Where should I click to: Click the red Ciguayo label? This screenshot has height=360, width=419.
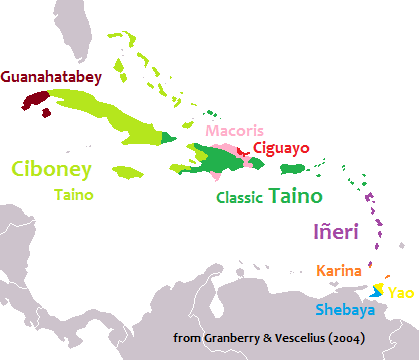point(281,148)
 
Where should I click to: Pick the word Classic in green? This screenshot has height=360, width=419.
point(241,197)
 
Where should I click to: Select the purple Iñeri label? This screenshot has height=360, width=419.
point(336,234)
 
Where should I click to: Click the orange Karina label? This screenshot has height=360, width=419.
point(338,271)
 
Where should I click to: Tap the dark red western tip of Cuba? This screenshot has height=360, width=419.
point(36,100)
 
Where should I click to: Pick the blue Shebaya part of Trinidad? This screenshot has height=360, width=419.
point(375,294)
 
